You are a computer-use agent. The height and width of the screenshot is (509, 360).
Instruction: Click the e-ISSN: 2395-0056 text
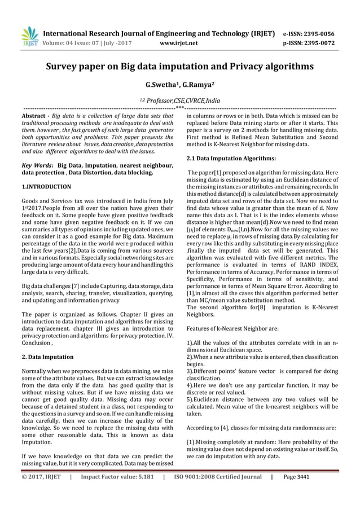[x=309, y=33]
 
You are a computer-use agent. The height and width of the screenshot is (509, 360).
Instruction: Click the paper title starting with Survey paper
[x=179, y=67]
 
